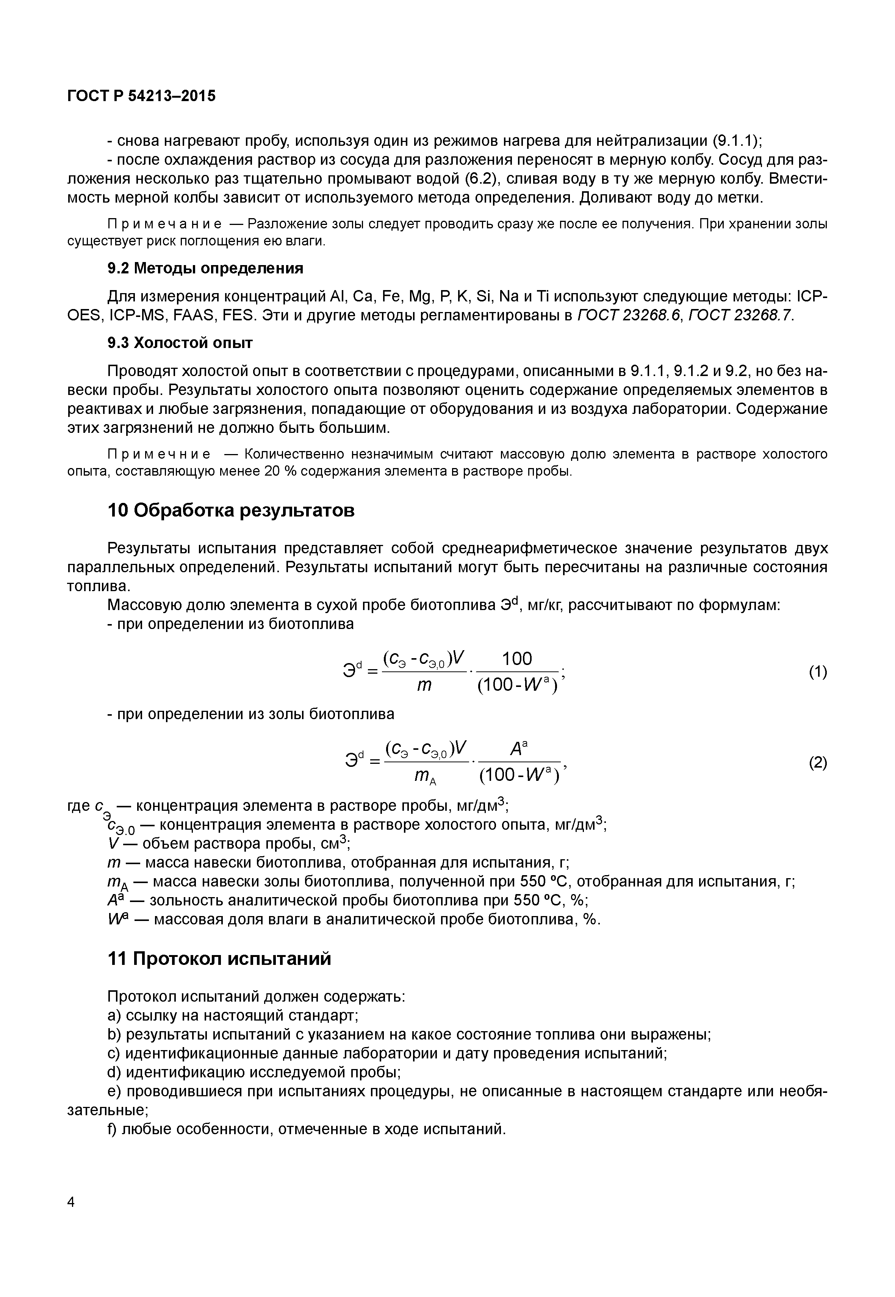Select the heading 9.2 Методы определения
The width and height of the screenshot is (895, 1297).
tap(205, 268)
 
